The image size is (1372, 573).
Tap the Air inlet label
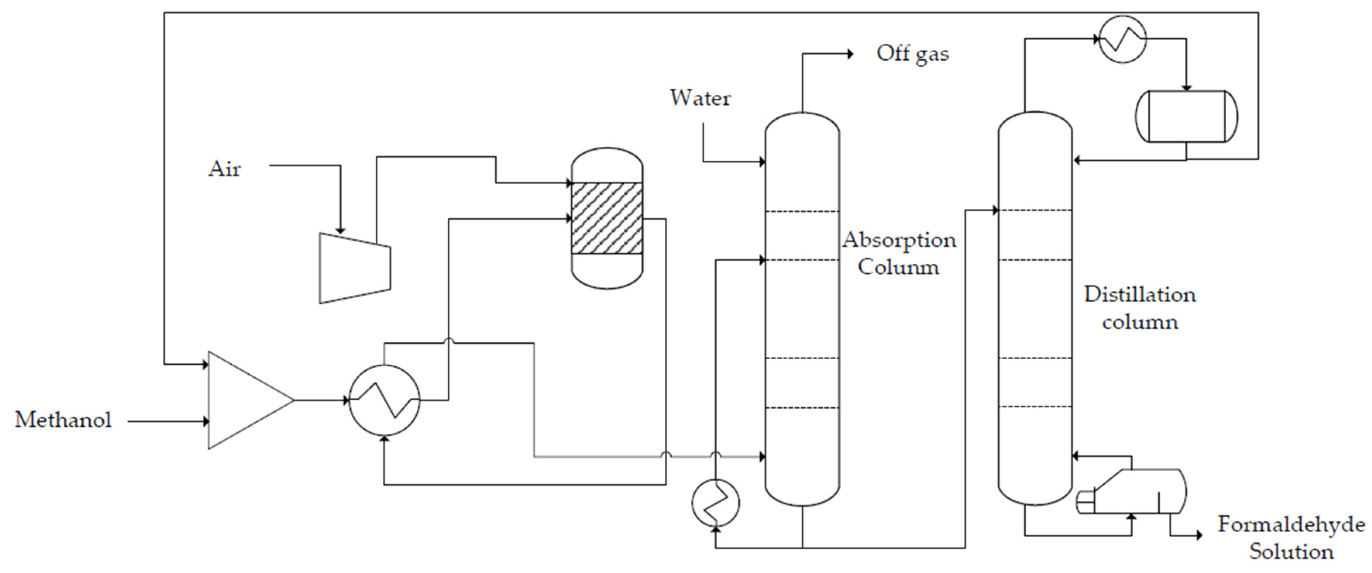click(x=224, y=169)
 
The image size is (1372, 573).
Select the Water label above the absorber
click(x=700, y=98)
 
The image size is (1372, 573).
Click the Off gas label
click(x=912, y=54)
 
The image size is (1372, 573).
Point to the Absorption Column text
click(x=899, y=253)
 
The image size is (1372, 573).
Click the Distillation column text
click(x=1140, y=308)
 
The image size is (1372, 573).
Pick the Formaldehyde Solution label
click(x=1291, y=538)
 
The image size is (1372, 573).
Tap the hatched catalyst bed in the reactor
click(x=607, y=218)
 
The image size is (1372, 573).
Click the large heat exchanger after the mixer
click(x=384, y=400)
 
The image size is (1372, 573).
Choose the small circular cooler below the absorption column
click(x=715, y=502)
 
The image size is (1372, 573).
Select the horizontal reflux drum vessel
click(x=1186, y=116)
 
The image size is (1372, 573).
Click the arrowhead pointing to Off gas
click(x=850, y=54)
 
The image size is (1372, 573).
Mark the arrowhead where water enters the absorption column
click(x=762, y=161)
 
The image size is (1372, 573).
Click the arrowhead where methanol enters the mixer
click(x=206, y=422)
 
